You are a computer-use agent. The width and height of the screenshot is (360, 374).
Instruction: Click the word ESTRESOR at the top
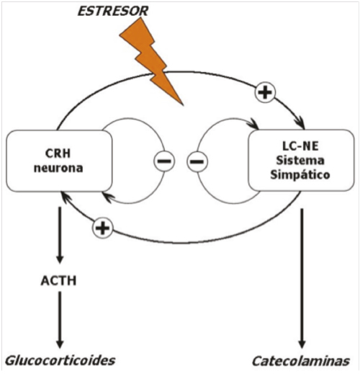point(113,11)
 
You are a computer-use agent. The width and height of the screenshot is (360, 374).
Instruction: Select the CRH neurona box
point(59,161)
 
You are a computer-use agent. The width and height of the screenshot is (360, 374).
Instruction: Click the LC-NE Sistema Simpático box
point(301,160)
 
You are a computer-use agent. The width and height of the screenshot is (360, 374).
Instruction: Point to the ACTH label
point(59,280)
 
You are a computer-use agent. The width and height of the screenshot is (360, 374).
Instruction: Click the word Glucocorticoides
point(60,360)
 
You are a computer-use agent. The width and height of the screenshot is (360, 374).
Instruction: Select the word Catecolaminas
point(301,361)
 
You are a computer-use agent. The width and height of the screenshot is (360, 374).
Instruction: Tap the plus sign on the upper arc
point(265,92)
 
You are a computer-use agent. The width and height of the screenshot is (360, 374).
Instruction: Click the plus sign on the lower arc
point(103,228)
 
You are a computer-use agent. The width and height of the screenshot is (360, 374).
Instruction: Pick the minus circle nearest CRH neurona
point(164,161)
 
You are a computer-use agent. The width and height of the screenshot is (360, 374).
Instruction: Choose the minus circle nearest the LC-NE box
point(197,161)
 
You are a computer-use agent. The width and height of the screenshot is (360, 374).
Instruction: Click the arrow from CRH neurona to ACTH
point(60,236)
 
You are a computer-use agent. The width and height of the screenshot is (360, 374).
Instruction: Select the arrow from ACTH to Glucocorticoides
point(60,320)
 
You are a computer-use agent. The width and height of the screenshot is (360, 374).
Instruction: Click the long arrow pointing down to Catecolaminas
point(302,278)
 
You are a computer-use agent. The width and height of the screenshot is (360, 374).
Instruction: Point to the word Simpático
point(300,174)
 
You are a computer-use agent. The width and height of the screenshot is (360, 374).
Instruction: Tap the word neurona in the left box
point(58,168)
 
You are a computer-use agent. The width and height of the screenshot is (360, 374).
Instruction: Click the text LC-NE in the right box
point(300,146)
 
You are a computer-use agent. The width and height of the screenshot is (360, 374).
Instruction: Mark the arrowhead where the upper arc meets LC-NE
point(302,125)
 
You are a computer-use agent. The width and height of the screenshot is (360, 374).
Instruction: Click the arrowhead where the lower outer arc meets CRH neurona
point(65,196)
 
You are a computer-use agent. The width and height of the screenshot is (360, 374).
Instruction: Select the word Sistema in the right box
point(300,160)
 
